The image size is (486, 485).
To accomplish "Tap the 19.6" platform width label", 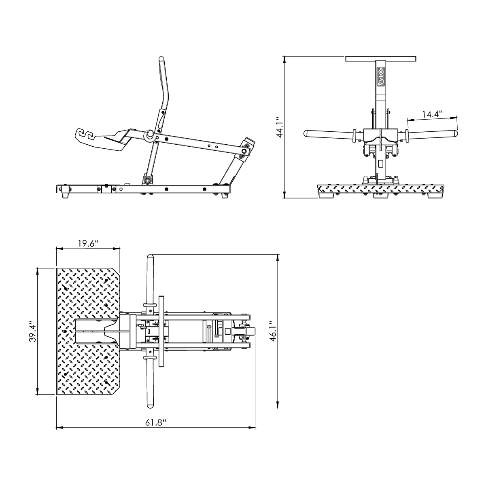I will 88,244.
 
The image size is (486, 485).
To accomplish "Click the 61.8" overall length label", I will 156,423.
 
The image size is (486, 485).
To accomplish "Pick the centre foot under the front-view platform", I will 379,196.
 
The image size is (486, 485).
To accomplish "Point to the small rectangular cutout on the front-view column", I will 380,164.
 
